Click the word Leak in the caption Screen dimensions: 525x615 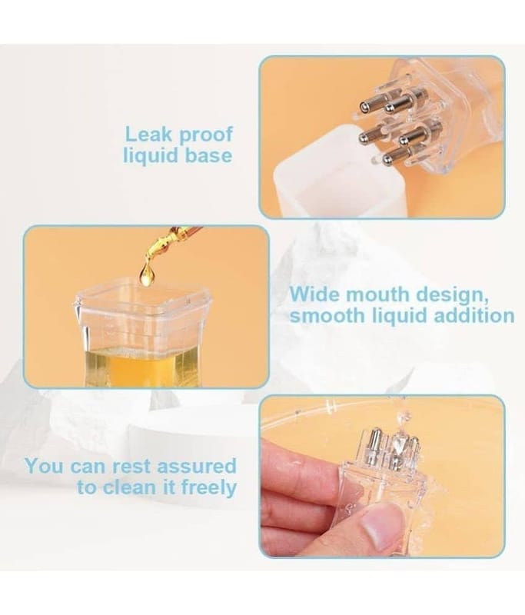148,135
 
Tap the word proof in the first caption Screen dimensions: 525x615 206,136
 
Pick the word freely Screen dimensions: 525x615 209,488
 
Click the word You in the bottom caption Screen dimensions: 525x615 45,467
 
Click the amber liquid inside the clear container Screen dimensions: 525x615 141,367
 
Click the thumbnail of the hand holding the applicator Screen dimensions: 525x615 382,476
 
